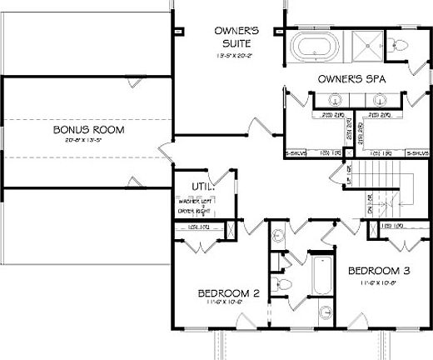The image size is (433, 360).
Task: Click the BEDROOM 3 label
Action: tap(379, 271)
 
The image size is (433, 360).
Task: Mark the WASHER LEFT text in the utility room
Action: tap(192, 202)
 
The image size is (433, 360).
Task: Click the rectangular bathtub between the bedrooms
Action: tap(320, 284)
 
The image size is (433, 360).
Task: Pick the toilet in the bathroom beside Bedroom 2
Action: tap(284, 286)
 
